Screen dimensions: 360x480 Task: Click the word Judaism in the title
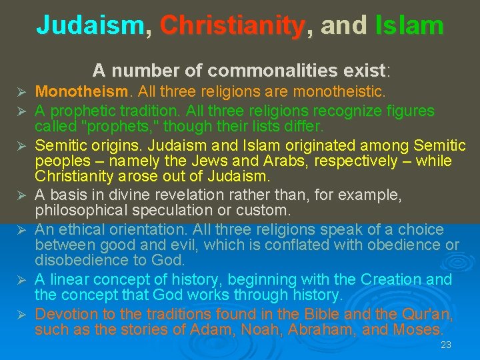90,25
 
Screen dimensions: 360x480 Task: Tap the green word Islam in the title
409,25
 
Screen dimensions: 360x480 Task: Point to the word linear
69,279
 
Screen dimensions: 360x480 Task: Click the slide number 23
446,345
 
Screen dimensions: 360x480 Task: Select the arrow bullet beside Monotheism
21,91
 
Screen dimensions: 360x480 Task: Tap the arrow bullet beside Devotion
21,314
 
